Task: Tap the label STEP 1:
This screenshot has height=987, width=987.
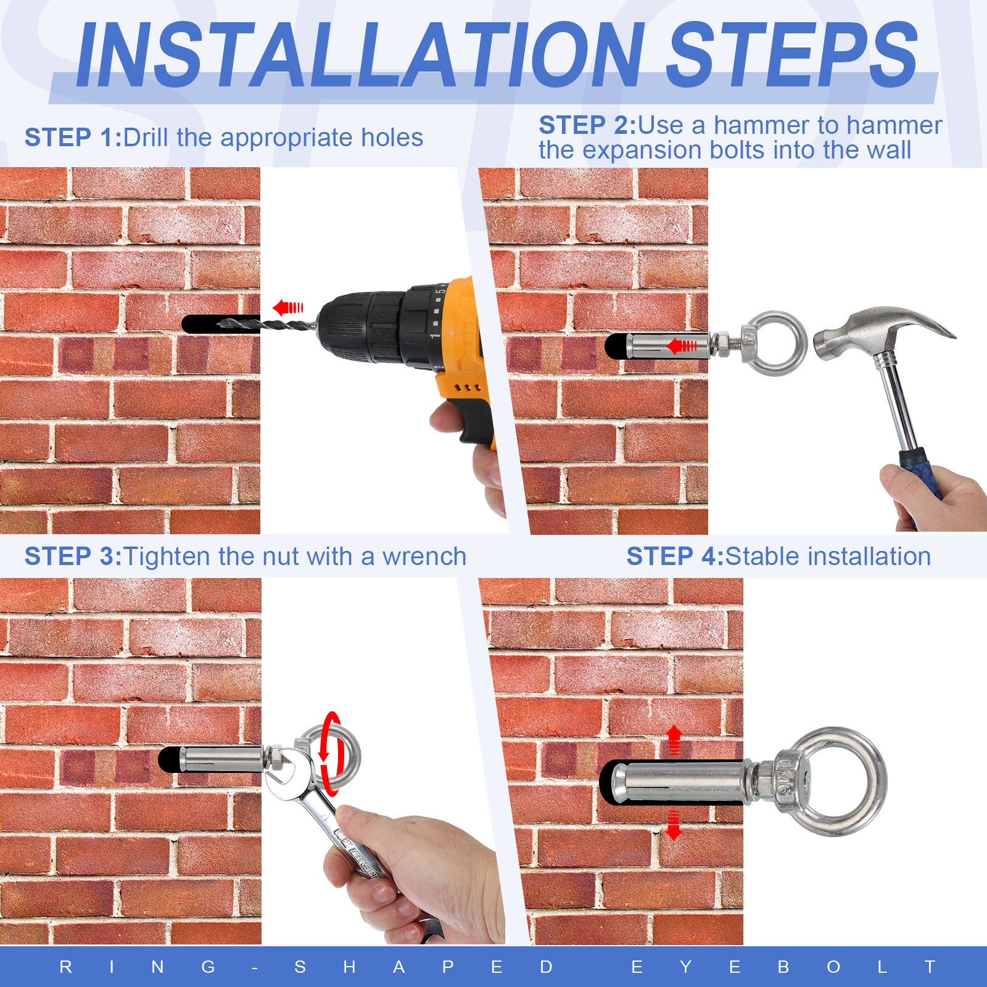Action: [73, 138]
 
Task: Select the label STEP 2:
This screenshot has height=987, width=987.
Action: [587, 125]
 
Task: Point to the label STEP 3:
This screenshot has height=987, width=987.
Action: [73, 556]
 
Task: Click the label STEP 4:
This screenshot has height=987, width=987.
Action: [675, 556]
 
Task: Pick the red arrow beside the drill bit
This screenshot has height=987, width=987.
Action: [288, 307]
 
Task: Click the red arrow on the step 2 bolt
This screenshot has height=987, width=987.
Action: [682, 345]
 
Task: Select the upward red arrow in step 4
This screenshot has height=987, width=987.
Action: [674, 740]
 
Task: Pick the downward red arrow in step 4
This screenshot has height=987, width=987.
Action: [674, 825]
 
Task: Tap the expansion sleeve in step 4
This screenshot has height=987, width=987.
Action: [679, 782]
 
